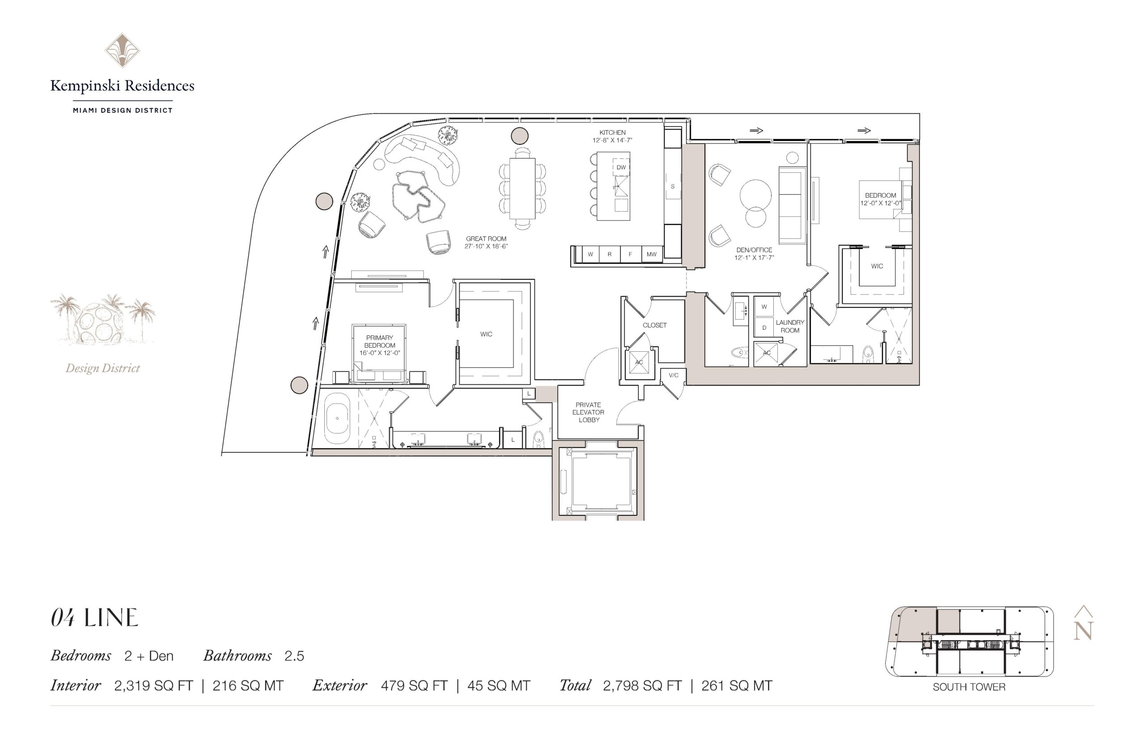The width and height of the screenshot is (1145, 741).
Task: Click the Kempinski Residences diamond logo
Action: [x=122, y=51]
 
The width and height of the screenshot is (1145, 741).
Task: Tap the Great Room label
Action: [x=486, y=238]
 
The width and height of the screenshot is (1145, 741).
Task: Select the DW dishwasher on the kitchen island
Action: [x=621, y=167]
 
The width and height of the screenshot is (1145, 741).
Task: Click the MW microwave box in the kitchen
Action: [x=651, y=254]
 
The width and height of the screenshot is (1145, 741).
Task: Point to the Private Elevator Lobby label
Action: [x=589, y=413]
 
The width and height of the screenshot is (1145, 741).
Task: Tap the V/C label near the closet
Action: [x=673, y=375]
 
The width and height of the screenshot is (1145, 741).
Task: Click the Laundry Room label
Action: [x=789, y=326]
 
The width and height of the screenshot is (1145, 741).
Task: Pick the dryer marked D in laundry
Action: [x=763, y=328]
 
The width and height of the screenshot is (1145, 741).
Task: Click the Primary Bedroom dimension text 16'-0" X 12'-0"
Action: [x=379, y=353]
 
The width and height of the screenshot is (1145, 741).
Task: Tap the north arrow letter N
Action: [x=1083, y=631]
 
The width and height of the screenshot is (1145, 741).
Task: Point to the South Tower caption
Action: [x=968, y=687]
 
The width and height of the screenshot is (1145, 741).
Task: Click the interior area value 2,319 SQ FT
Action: [x=153, y=686]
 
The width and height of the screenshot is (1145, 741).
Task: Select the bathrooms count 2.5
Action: [x=294, y=656]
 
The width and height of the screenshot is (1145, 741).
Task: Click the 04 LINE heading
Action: [x=95, y=618]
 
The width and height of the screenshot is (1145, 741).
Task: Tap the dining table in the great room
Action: [x=522, y=188]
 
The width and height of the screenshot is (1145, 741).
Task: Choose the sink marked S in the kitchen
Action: [x=672, y=186]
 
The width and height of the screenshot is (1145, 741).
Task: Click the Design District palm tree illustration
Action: [x=102, y=319]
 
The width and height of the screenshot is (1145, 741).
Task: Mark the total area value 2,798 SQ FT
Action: [x=642, y=686]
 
